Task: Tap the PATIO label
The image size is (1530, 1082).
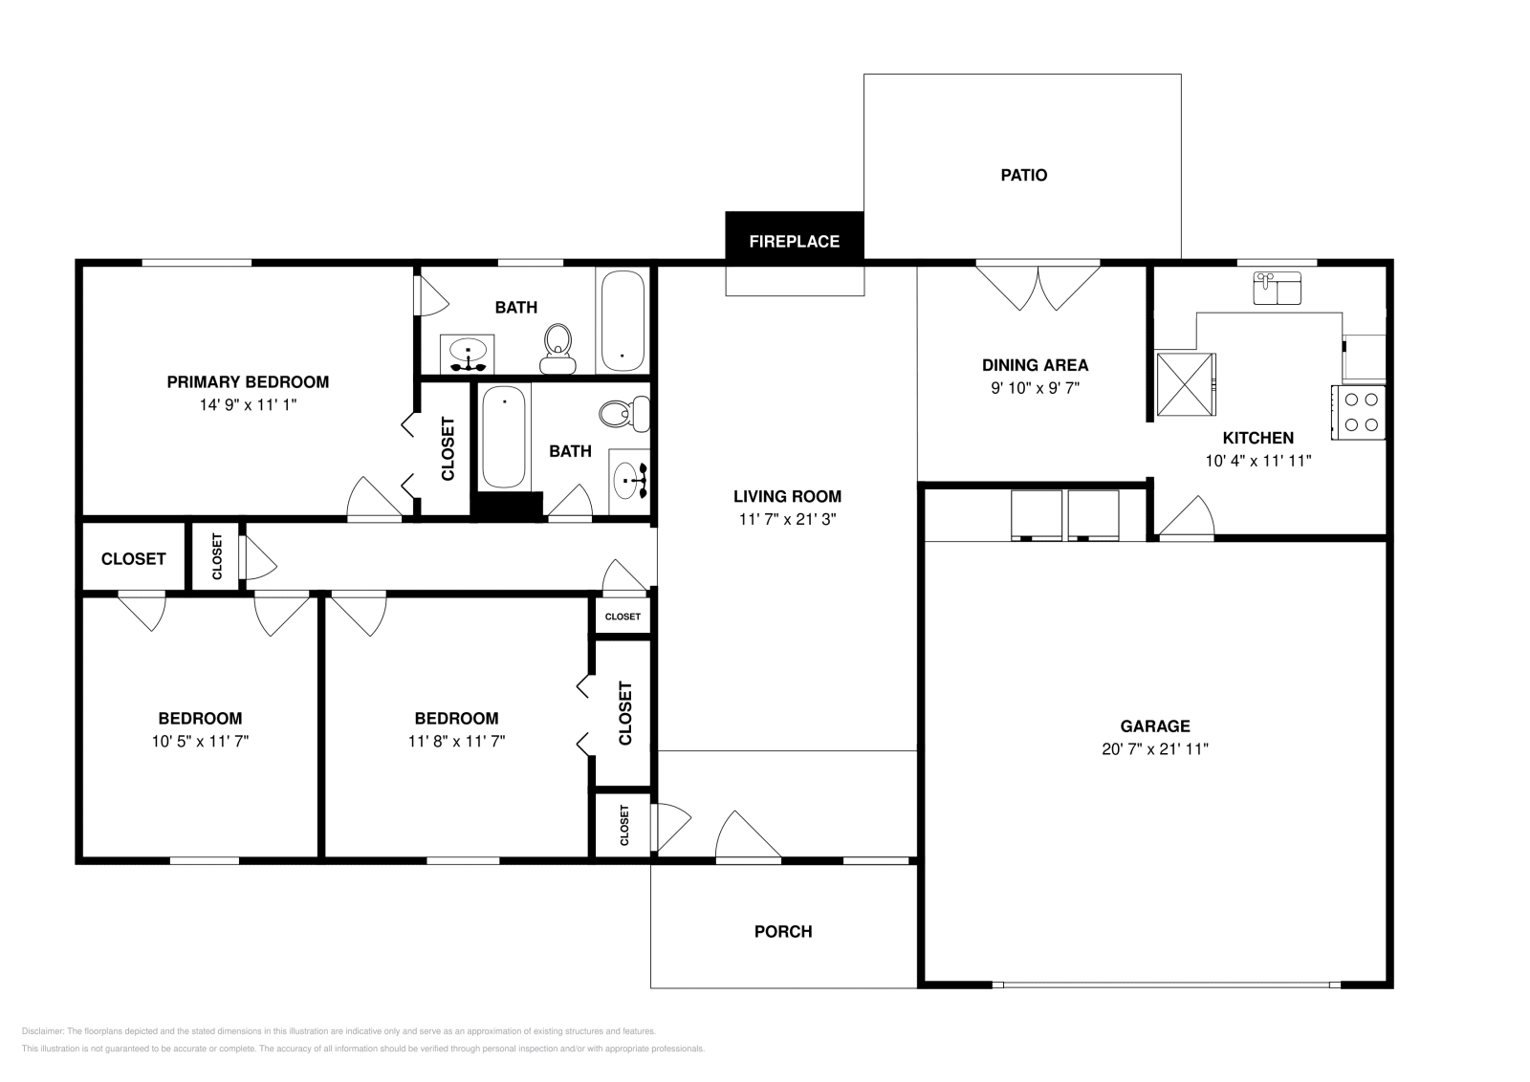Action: pos(1023,175)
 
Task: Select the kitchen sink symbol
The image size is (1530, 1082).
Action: pos(1277,288)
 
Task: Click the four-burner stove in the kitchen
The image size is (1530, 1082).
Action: pos(1359,412)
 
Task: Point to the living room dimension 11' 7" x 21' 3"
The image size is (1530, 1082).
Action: pos(787,519)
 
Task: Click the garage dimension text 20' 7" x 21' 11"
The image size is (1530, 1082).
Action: pos(1154,749)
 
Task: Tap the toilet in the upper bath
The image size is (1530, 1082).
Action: pos(557,349)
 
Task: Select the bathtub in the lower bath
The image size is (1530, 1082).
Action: pos(503,436)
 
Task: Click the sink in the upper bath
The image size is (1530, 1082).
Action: pos(468,353)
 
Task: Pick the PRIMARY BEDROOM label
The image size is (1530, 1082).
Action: pos(248,381)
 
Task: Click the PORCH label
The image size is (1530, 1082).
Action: pos(783,931)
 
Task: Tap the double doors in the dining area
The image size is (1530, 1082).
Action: pos(1038,287)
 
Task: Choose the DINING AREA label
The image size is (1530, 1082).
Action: pos(1035,364)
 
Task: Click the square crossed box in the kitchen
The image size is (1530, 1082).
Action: pos(1185,384)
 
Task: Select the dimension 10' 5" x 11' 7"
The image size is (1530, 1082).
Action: pos(200,741)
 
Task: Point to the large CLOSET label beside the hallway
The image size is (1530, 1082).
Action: pos(133,559)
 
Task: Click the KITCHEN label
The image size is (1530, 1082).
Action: pos(1257,438)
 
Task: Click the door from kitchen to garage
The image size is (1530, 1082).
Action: pos(1186,518)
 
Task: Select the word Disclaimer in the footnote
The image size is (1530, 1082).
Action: pos(42,1031)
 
